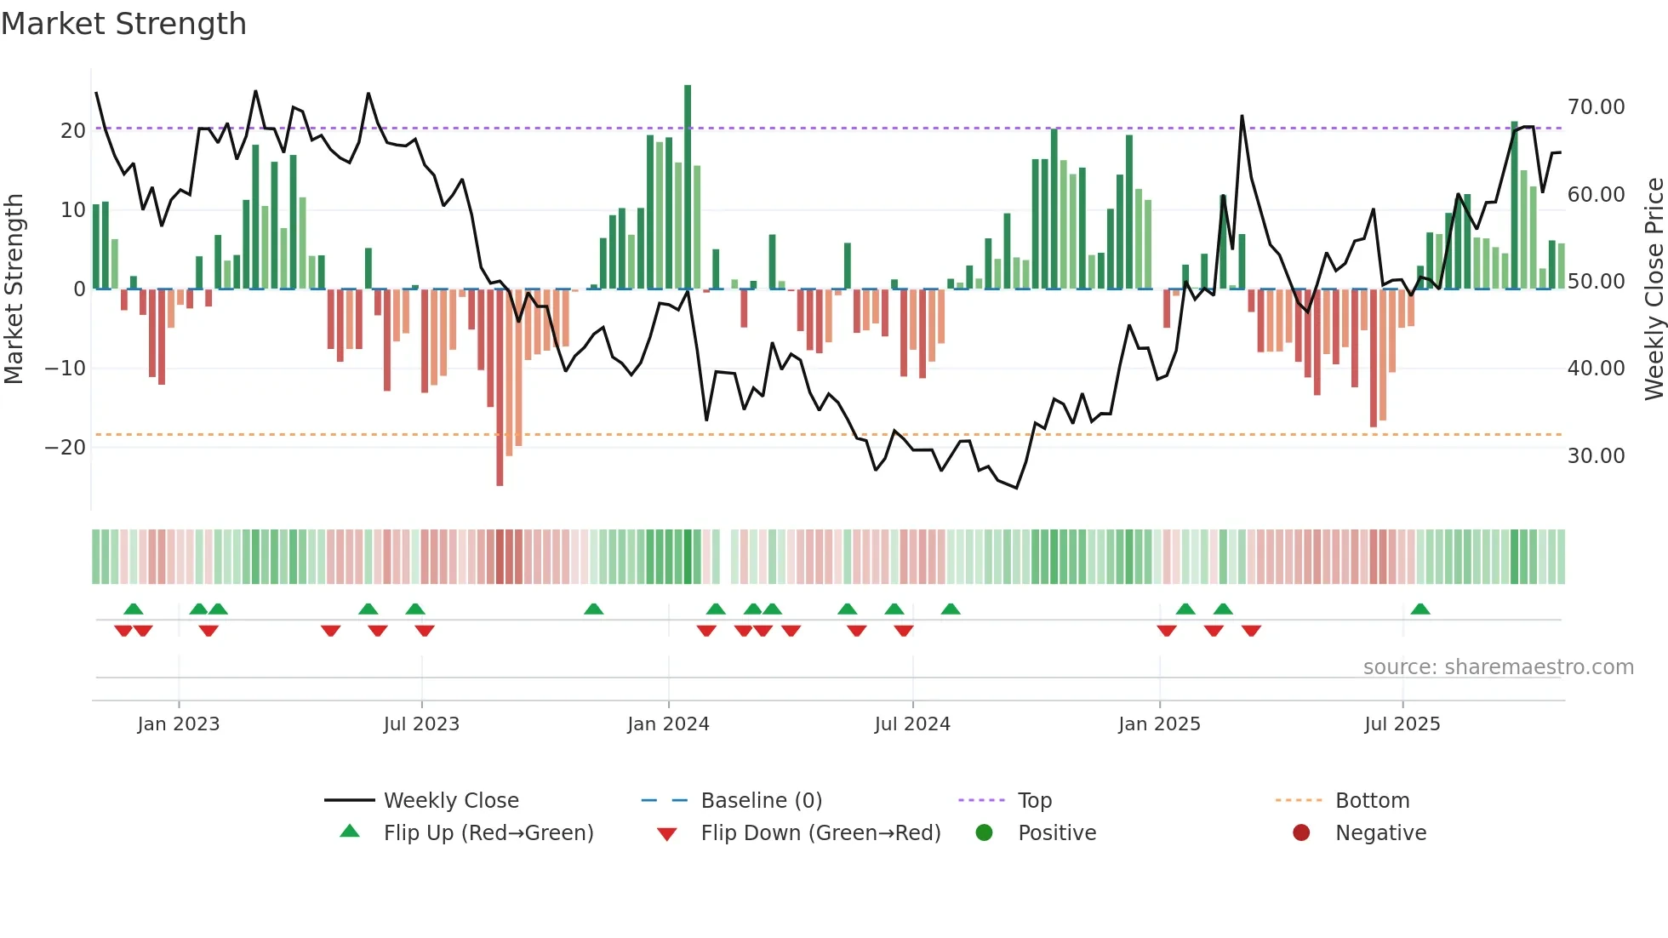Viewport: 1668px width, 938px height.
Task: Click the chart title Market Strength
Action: click(123, 24)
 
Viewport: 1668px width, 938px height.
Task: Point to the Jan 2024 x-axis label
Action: click(668, 724)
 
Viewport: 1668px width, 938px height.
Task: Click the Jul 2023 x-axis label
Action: click(421, 724)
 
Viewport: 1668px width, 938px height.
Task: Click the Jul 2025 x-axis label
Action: click(1402, 724)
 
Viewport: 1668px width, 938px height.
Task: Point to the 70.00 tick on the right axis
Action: click(1596, 107)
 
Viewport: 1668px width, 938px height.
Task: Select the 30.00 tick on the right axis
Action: click(1596, 456)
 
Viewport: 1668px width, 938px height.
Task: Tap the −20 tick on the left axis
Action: click(66, 448)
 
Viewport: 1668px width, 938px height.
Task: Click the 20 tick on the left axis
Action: click(73, 131)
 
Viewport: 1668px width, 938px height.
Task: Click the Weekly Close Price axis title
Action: click(1654, 289)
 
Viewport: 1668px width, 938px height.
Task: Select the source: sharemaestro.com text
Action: click(1498, 667)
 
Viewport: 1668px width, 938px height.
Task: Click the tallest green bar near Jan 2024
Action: click(688, 187)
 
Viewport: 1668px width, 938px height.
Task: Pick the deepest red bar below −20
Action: click(500, 387)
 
